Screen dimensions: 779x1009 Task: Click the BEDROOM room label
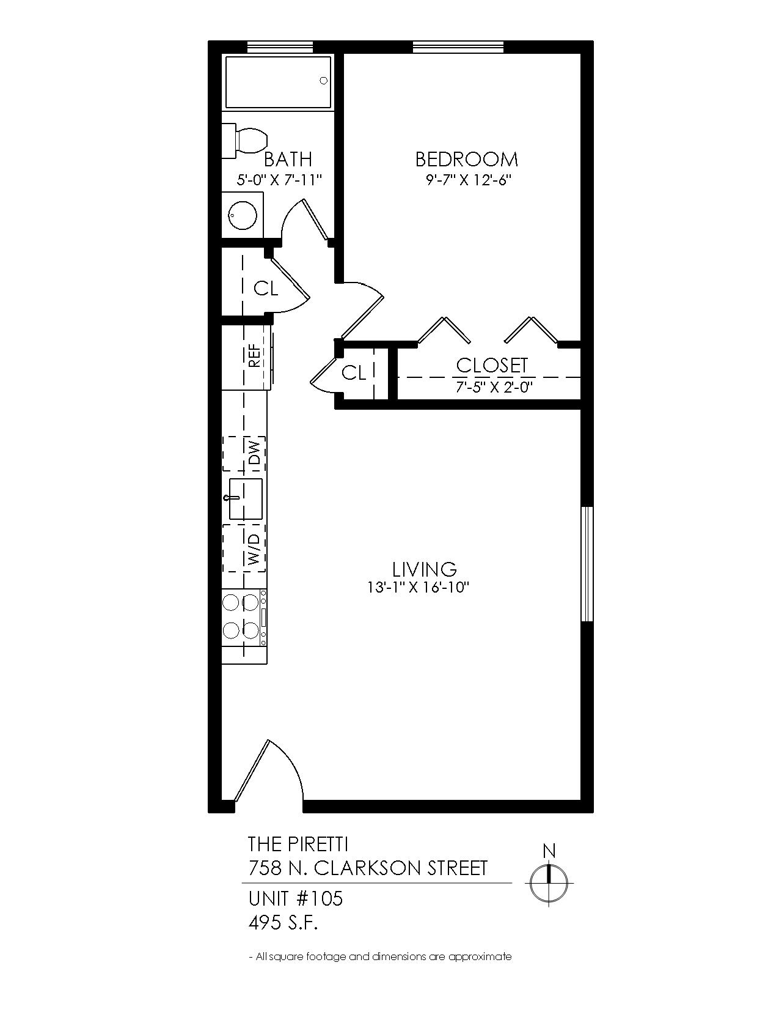(466, 160)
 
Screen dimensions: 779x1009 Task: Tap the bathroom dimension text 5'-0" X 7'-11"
(279, 180)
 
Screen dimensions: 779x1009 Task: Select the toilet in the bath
(246, 140)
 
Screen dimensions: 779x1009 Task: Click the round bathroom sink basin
(243, 215)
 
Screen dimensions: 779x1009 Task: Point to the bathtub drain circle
(323, 81)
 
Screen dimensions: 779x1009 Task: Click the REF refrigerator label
(254, 357)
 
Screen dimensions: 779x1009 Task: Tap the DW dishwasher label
(255, 453)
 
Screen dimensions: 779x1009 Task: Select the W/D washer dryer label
(254, 549)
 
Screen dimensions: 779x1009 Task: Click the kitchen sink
(246, 499)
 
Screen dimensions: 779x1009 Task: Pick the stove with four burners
(244, 617)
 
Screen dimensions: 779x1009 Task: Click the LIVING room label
(425, 569)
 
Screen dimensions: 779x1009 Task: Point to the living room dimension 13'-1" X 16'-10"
(419, 588)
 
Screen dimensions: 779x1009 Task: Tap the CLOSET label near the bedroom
(492, 366)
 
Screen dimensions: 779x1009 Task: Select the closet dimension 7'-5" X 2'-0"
(492, 387)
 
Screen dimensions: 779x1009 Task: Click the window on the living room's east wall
(587, 564)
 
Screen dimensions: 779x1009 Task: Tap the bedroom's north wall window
(458, 47)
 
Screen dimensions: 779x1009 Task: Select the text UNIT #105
(296, 898)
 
